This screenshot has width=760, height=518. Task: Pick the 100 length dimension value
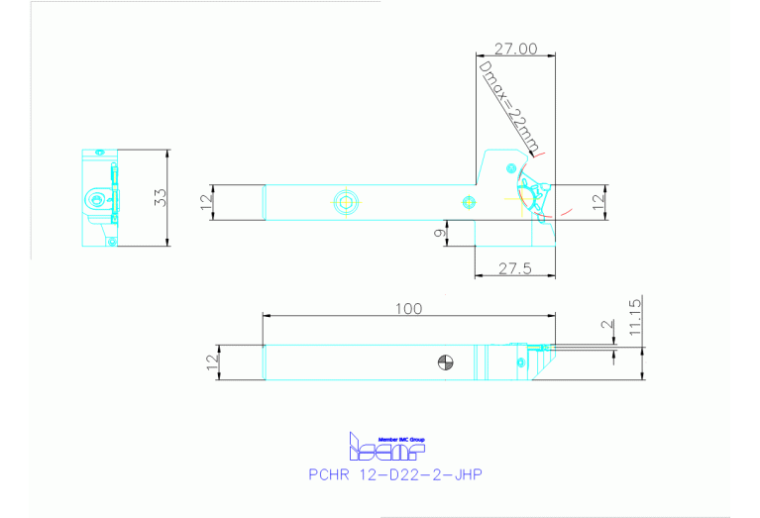coord(408,309)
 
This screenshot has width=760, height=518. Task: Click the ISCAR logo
coord(385,448)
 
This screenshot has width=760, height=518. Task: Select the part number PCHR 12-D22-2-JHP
coord(395,474)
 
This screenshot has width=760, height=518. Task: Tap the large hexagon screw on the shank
coord(345,202)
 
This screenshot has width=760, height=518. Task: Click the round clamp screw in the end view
coord(94,200)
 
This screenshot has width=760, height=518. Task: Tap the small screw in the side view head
coord(517,363)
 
